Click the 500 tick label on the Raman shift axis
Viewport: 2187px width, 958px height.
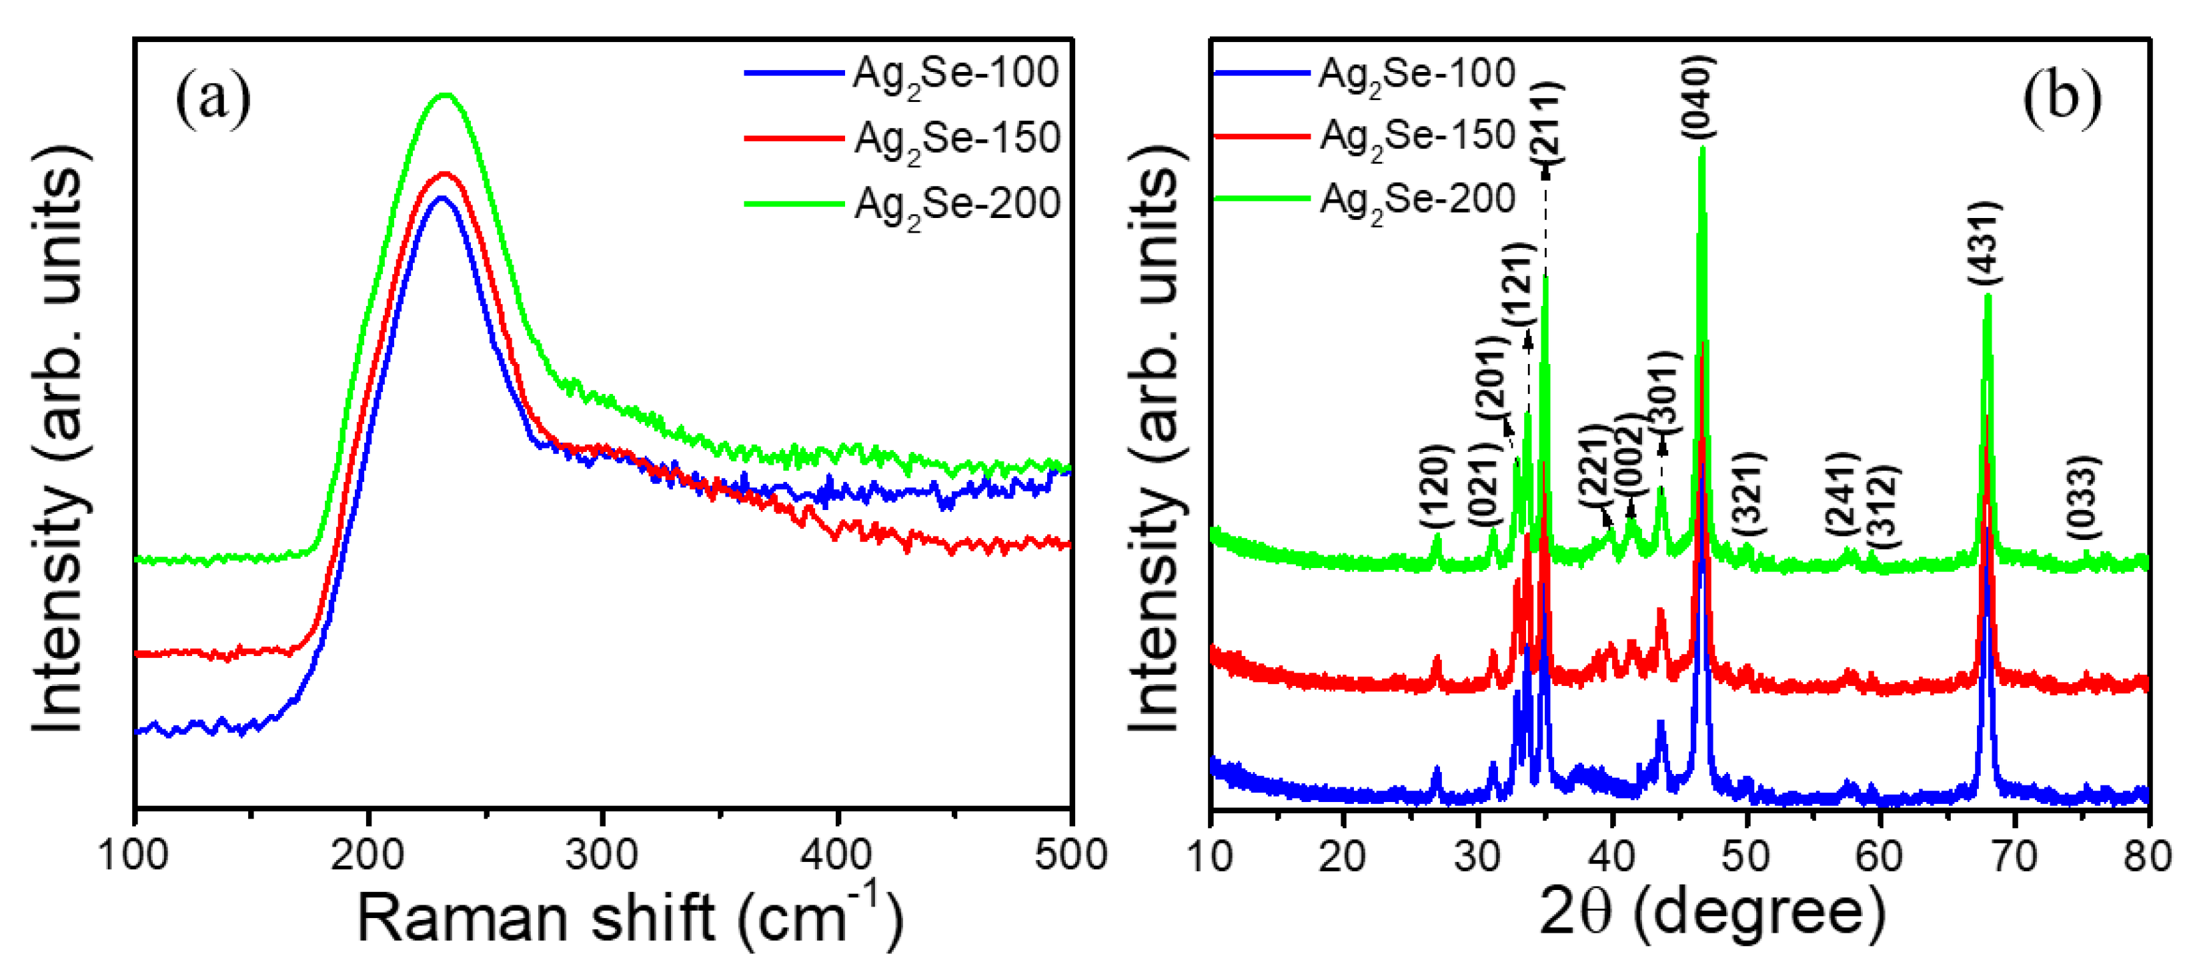coord(1070,855)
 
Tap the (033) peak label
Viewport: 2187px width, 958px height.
coord(2082,497)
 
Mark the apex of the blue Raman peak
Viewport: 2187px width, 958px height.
coord(440,198)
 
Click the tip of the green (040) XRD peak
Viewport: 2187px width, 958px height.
coord(1702,149)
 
